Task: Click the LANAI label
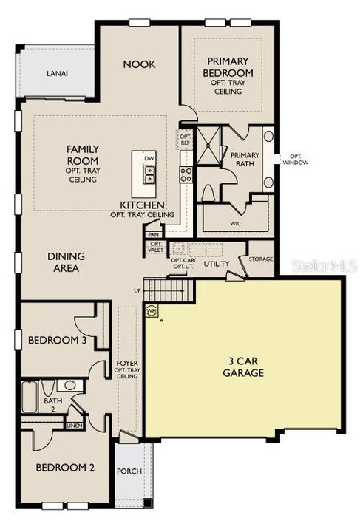[57, 73]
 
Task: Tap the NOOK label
[138, 64]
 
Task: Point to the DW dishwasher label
[149, 159]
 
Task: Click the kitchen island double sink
[149, 174]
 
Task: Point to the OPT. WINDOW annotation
[299, 160]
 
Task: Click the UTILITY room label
[217, 264]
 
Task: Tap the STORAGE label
[261, 259]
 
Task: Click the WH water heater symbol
[152, 311]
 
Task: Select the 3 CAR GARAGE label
[242, 367]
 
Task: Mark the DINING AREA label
[67, 262]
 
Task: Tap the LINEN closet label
[75, 426]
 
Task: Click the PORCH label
[130, 471]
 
